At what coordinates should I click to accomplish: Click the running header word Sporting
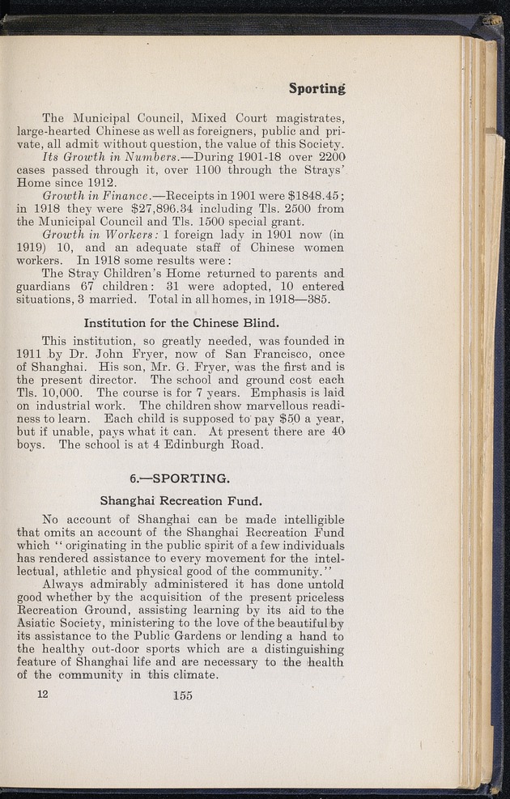click(317, 87)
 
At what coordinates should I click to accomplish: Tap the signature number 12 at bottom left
click(41, 695)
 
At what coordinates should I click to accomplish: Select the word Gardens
click(235, 637)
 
